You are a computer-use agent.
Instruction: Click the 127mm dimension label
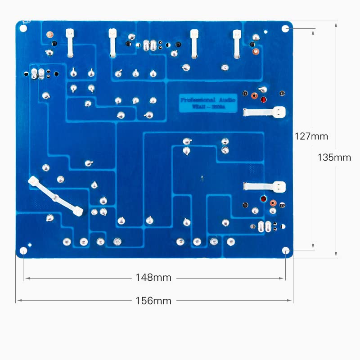311,136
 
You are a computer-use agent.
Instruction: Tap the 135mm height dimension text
334,157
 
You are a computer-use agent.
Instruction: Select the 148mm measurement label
153,278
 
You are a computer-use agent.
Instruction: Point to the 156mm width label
153,301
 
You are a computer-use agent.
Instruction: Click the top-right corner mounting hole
285,28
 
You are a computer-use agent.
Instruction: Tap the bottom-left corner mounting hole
23,250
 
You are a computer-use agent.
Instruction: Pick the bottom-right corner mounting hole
285,250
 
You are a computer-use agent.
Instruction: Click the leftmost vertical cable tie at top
70,43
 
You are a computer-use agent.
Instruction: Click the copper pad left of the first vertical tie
49,34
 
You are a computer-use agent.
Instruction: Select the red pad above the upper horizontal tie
263,99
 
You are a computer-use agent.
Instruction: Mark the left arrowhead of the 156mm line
18,301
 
